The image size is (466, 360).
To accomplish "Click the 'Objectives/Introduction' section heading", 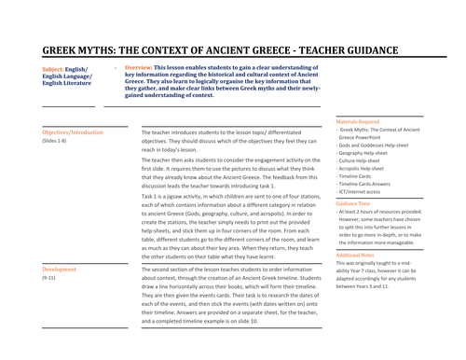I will [73, 132].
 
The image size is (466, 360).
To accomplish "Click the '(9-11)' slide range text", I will [48, 278].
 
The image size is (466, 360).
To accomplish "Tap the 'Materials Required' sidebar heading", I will [359, 121].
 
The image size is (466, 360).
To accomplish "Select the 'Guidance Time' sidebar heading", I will [354, 202].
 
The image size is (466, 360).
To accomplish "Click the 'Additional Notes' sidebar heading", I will [356, 255].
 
